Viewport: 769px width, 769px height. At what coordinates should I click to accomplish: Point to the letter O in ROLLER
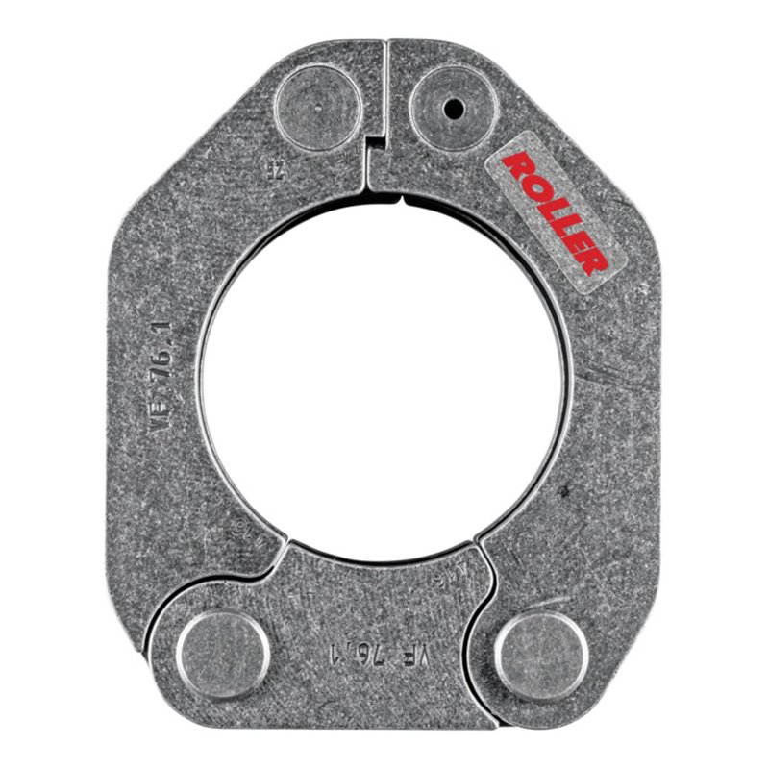point(534,186)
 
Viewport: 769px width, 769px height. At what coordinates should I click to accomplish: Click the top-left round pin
point(318,106)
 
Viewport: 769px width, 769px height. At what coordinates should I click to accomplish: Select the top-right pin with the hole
point(452,108)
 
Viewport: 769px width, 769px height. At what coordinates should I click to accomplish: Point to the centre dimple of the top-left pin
point(317,105)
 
